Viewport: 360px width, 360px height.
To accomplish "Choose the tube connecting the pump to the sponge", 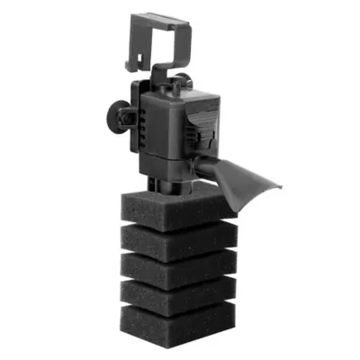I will tap(171, 184).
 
